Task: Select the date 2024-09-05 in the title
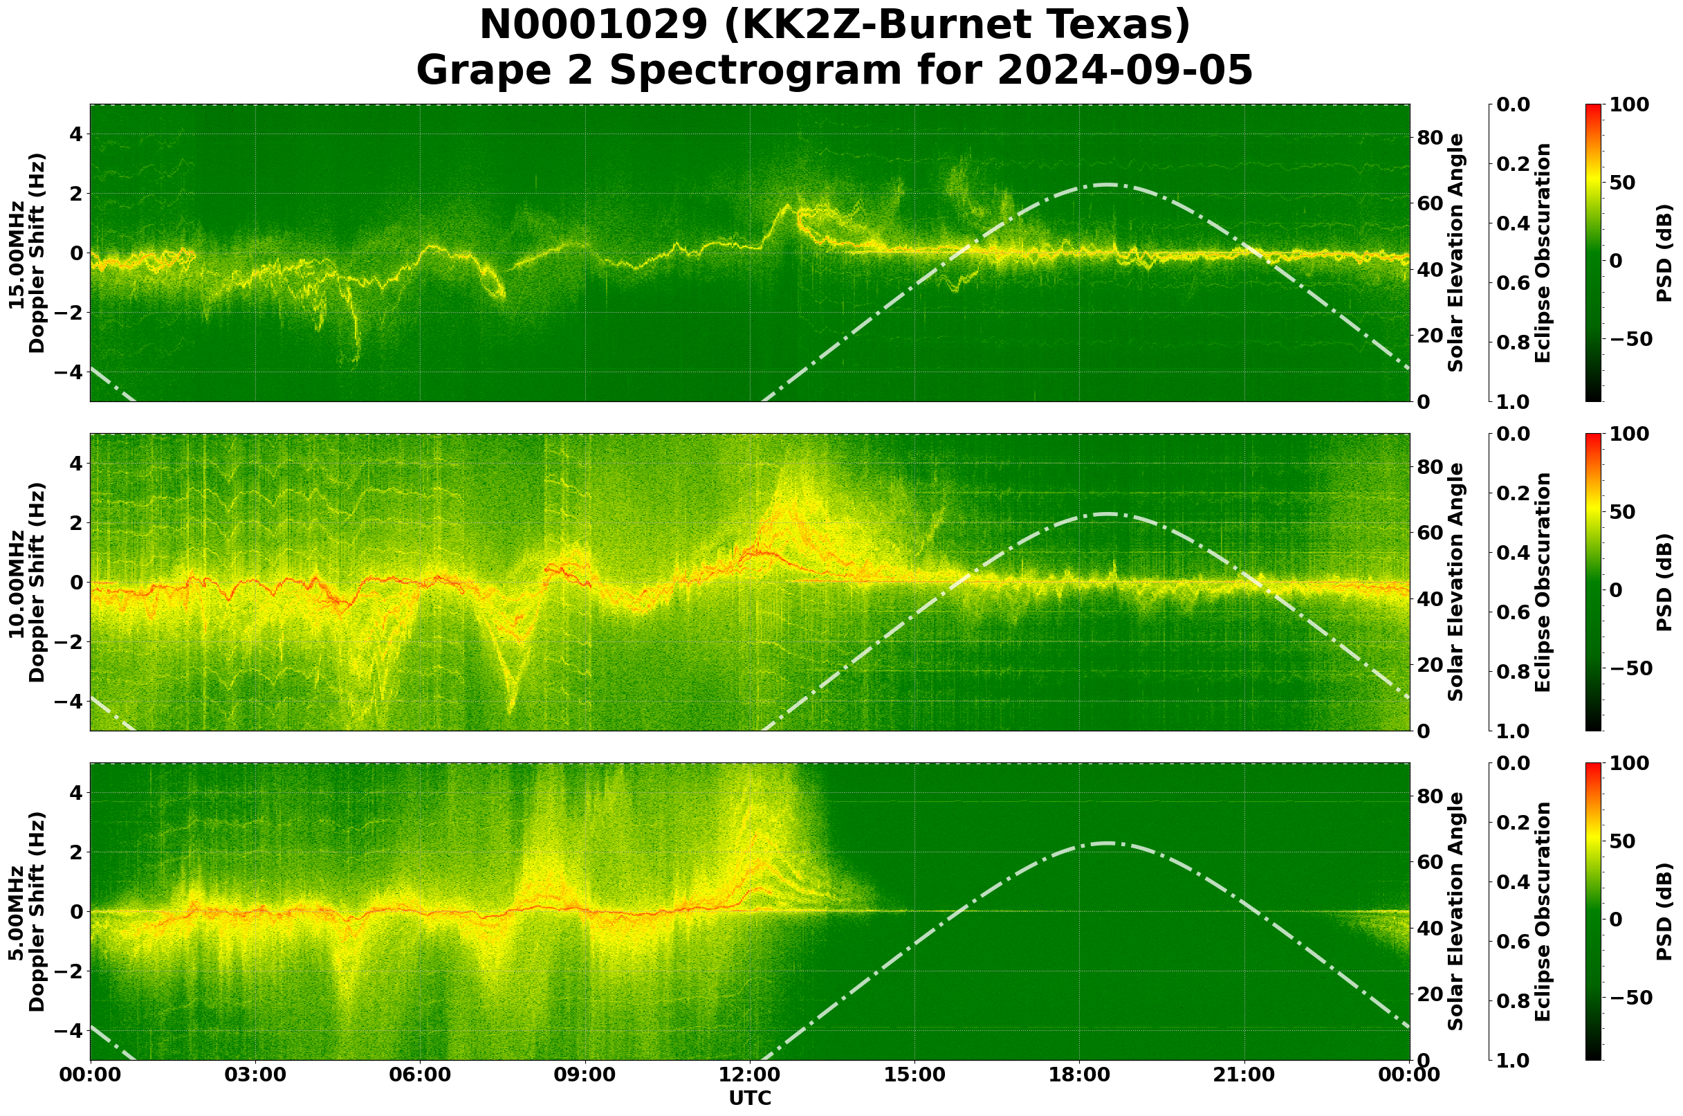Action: pos(1124,71)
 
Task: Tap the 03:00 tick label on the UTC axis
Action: pos(255,1074)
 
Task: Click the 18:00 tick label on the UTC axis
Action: pos(1080,1074)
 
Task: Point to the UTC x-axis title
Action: pos(750,1098)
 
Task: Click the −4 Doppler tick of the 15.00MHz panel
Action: pos(68,372)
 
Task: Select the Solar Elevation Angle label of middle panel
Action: pos(1456,582)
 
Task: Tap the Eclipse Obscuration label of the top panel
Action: pos(1543,253)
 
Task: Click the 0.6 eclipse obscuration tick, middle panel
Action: pos(1513,612)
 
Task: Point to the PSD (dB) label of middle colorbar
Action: pos(1664,582)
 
